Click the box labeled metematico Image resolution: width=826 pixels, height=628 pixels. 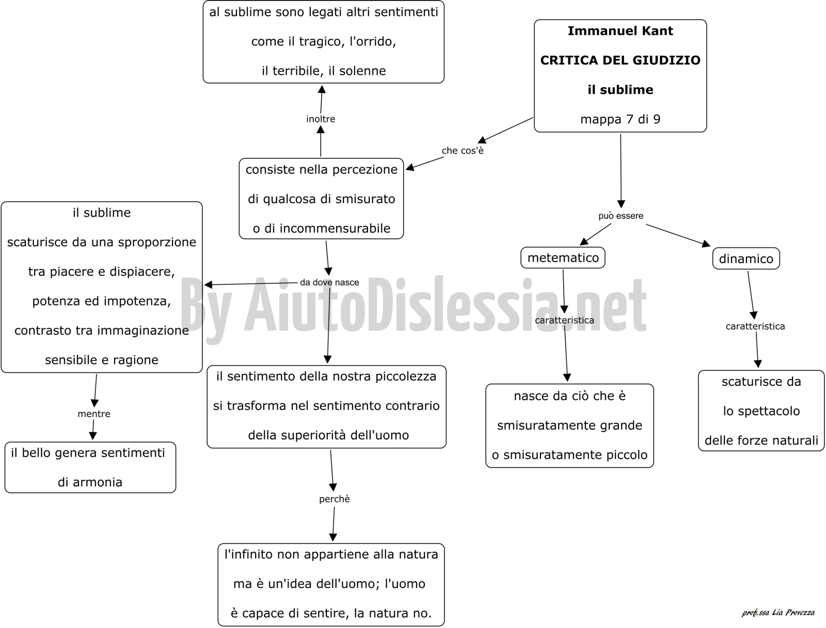click(x=563, y=257)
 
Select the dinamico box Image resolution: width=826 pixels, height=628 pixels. click(x=746, y=259)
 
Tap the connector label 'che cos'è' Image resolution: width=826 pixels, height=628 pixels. click(x=463, y=150)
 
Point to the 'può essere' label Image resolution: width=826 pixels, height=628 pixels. click(x=621, y=216)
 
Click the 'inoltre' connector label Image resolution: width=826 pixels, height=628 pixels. click(x=321, y=119)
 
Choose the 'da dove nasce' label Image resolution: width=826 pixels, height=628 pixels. click(x=329, y=282)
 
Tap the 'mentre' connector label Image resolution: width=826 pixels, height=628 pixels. click(x=94, y=414)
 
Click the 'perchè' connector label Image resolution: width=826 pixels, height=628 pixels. click(x=335, y=499)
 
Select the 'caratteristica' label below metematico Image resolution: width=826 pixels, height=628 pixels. click(x=564, y=320)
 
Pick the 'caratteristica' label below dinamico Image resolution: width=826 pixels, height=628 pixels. click(x=755, y=326)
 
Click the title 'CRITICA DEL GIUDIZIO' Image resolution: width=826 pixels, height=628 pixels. click(x=620, y=60)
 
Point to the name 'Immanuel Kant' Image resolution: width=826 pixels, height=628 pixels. click(x=620, y=31)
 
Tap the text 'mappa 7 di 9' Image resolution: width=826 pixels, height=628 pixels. click(x=620, y=119)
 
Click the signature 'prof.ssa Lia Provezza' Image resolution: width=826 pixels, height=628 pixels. click(x=778, y=613)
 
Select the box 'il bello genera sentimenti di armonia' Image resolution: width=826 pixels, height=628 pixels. click(x=90, y=467)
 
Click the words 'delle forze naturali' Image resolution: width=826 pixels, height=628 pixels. click(x=761, y=440)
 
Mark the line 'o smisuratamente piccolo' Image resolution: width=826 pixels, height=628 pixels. click(x=569, y=455)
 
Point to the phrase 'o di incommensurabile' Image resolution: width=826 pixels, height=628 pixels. click(x=322, y=228)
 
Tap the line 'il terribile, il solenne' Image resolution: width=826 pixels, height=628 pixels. click(x=324, y=71)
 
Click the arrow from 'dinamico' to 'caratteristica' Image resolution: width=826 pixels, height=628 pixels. click(x=751, y=295)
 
